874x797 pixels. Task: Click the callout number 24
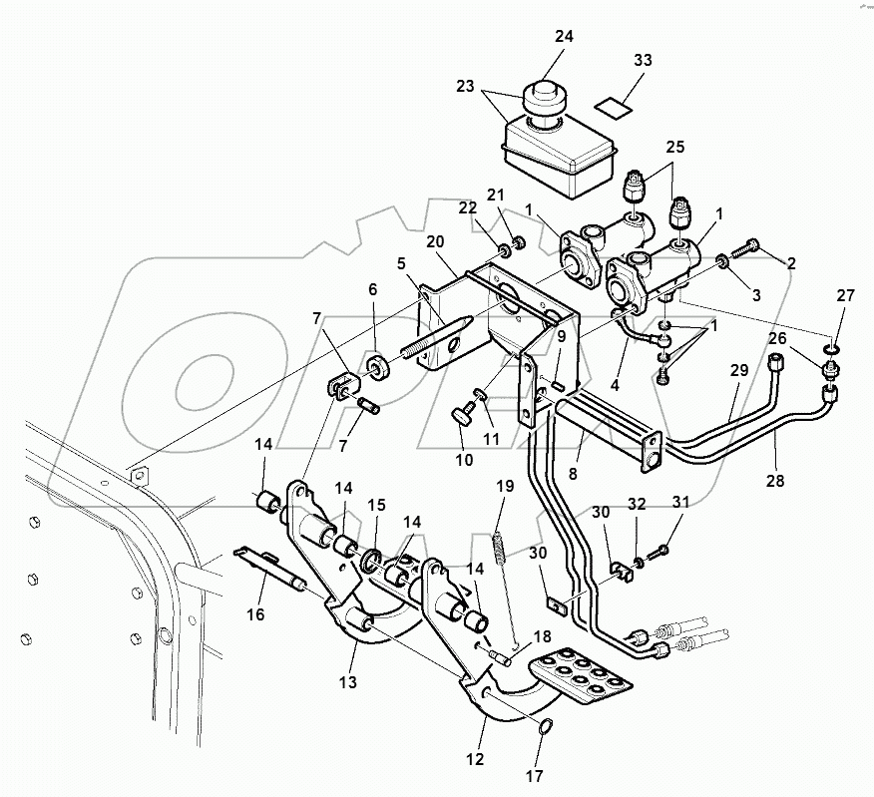564,38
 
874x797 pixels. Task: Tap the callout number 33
643,61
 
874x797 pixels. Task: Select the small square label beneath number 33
612,100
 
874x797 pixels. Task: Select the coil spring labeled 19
501,547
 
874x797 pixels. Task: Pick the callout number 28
776,480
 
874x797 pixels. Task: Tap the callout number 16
255,614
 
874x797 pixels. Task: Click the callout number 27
845,295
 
